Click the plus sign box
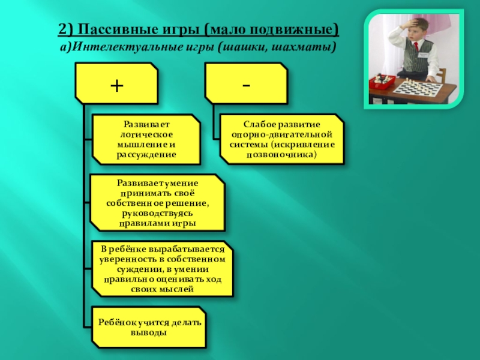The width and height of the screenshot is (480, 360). (x=116, y=85)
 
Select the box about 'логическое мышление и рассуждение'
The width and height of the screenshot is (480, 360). (x=146, y=139)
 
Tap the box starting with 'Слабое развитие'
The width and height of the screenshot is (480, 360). (x=281, y=139)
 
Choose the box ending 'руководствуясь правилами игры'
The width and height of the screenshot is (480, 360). (x=157, y=203)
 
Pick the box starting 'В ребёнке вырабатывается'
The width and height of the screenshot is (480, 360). (x=162, y=269)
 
